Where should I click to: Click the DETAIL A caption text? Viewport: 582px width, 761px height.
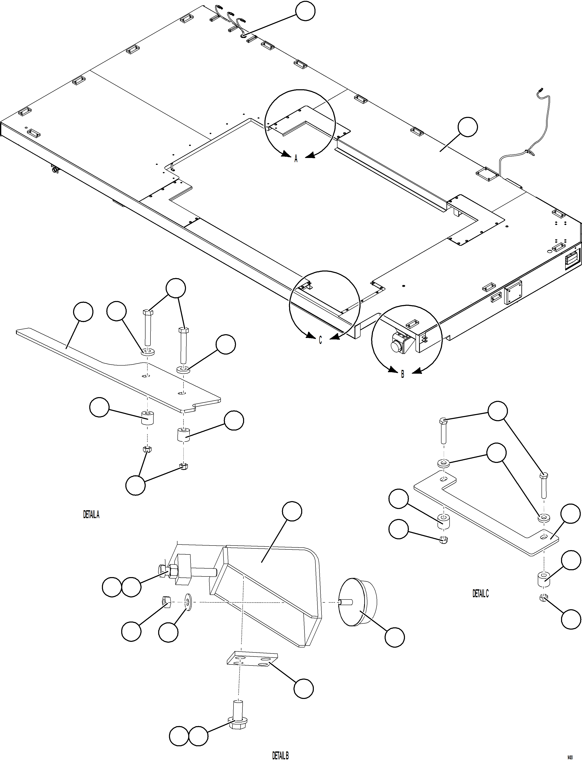pyautogui.click(x=91, y=515)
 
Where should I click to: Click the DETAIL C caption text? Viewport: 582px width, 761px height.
pyautogui.click(x=481, y=593)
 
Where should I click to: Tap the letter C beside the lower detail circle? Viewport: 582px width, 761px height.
pyautogui.click(x=320, y=340)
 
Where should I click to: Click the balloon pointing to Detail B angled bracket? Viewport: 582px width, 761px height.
pyautogui.click(x=292, y=511)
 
